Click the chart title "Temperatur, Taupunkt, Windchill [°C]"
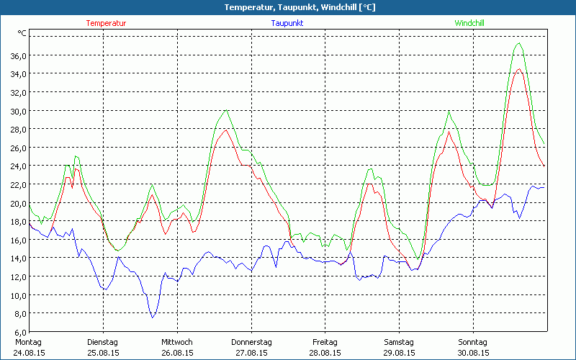(288, 7)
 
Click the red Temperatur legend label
(106, 23)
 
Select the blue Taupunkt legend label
(287, 23)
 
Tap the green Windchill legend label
(469, 23)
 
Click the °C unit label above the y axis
(22, 33)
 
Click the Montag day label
(29, 342)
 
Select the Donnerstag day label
(251, 342)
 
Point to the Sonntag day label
(473, 342)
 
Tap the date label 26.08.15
(177, 353)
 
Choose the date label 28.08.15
(325, 353)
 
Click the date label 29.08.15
(399, 353)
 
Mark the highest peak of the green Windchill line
(518, 43)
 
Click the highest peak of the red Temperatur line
(518, 69)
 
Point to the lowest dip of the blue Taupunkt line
(152, 317)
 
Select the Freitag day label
(325, 342)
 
